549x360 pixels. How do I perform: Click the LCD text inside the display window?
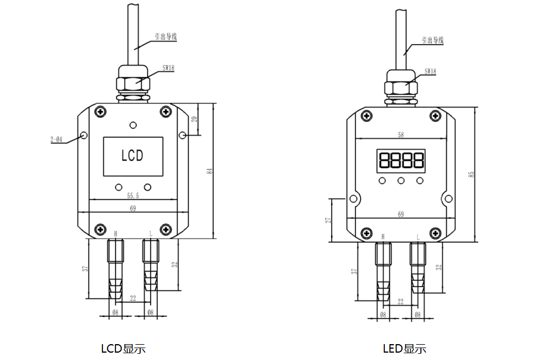(132, 156)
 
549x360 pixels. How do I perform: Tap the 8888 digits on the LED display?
(401, 161)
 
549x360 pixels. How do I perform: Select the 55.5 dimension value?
(133, 195)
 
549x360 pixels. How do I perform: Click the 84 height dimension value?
(209, 171)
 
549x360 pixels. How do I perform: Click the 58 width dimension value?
(401, 135)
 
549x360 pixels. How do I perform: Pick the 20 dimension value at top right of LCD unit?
(194, 119)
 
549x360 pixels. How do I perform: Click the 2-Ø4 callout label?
(56, 140)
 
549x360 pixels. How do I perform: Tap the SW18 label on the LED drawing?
(430, 72)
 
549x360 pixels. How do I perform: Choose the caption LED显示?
(404, 349)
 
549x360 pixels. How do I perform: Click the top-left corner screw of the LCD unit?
(100, 112)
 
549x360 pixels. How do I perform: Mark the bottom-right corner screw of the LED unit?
(435, 232)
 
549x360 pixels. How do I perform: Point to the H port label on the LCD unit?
(116, 233)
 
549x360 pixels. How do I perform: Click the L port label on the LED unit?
(418, 237)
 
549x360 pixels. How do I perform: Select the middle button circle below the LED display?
(401, 181)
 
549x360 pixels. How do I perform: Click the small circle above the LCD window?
(133, 125)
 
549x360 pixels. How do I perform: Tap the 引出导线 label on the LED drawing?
(432, 41)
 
